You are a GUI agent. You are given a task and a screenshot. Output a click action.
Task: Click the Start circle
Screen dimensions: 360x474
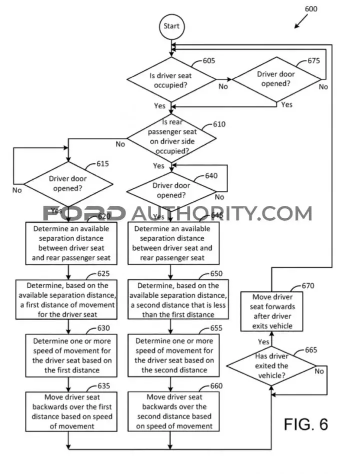point(171,26)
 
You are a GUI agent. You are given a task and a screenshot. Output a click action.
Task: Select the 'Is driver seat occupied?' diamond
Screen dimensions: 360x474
point(171,79)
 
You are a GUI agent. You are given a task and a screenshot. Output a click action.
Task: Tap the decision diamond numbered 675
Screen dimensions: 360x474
point(276,79)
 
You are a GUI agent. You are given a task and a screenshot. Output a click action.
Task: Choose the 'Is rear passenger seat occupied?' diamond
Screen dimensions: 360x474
point(171,138)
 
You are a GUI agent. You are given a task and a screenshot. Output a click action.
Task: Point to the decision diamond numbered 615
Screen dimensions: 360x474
point(68,184)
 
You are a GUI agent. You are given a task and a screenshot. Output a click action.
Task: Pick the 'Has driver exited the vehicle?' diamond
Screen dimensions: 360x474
point(271,366)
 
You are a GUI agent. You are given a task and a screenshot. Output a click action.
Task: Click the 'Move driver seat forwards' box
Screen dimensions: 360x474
point(271,311)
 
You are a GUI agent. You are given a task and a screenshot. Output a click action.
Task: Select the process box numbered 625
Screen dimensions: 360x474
point(66,300)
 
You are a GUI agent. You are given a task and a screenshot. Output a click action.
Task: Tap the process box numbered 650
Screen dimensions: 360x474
point(178,300)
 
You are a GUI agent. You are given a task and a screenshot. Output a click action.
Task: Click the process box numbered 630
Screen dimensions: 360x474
point(71,356)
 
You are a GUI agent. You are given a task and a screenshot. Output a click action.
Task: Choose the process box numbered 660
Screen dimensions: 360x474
point(173,412)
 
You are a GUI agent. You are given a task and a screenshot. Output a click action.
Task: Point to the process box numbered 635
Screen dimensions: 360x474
point(71,412)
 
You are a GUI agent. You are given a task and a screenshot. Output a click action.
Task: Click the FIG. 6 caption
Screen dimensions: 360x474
point(306,425)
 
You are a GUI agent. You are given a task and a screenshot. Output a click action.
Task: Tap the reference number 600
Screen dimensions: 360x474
point(311,9)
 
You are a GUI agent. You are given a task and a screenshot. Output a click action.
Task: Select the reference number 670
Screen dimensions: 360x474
point(308,286)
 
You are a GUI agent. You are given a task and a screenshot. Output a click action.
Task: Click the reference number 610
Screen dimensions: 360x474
point(219,124)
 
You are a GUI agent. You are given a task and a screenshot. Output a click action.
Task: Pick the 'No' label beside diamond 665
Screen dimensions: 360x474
point(319,371)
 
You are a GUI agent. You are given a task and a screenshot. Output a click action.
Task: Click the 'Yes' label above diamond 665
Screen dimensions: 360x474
point(263,342)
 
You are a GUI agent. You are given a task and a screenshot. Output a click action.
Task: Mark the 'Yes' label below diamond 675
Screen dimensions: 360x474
point(287,104)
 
